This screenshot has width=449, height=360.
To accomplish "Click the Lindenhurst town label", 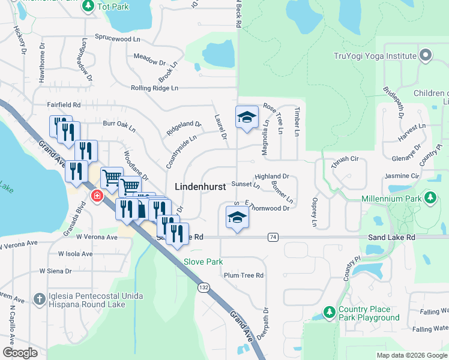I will [x=200, y=187].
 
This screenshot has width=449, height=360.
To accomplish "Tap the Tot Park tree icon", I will [x=88, y=6].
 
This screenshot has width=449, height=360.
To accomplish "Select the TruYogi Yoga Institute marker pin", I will [x=426, y=56].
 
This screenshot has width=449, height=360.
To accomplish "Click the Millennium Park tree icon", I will [x=430, y=198].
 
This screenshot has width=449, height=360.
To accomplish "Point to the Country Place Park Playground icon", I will [x=328, y=313].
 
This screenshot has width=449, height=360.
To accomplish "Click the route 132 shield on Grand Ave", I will [x=204, y=288].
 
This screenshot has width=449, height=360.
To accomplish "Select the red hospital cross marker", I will [x=96, y=196].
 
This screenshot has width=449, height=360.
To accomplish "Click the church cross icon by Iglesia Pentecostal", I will [x=39, y=298].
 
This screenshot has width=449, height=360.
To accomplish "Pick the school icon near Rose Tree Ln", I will [x=246, y=118].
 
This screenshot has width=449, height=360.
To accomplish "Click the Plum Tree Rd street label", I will [x=243, y=275].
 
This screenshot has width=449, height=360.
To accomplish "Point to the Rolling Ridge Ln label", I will [x=155, y=88].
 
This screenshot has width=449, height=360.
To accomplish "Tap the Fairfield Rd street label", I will [x=64, y=104].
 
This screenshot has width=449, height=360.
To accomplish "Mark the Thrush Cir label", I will [x=345, y=160].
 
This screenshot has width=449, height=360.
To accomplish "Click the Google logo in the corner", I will [x=20, y=353].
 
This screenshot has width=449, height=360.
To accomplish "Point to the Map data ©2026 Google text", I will [x=411, y=355].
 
